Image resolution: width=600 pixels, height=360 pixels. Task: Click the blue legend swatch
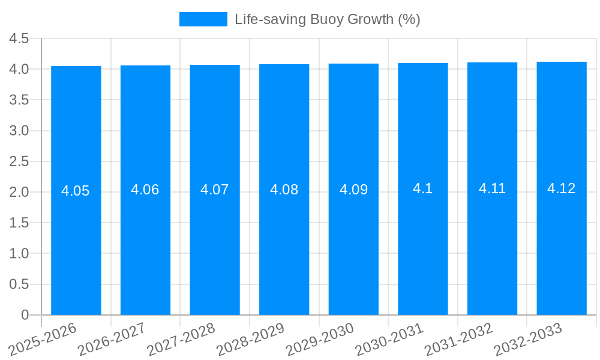(203, 19)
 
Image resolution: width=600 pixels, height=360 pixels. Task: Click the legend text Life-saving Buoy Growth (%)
(327, 19)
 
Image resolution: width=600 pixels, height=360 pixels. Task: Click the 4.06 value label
(145, 190)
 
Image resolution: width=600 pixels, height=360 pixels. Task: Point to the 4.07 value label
(215, 190)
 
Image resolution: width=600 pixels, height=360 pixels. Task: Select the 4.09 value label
(353, 190)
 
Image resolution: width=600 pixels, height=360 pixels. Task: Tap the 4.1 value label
(423, 188)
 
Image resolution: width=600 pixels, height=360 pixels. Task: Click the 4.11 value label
(492, 188)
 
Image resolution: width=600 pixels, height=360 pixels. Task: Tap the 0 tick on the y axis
(25, 315)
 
